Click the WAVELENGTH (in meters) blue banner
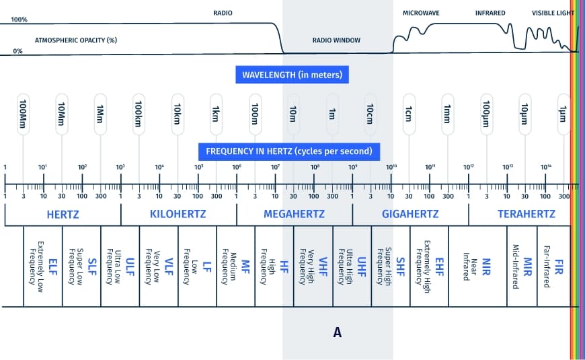pos(292,74)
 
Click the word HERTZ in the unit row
pos(63,215)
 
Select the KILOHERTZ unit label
pos(178,215)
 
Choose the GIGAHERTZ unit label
pos(409,215)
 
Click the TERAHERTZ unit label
pos(526,215)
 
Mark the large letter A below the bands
pos(338,332)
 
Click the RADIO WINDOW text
pos(336,40)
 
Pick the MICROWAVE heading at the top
pos(420,13)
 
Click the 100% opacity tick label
pos(19,20)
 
